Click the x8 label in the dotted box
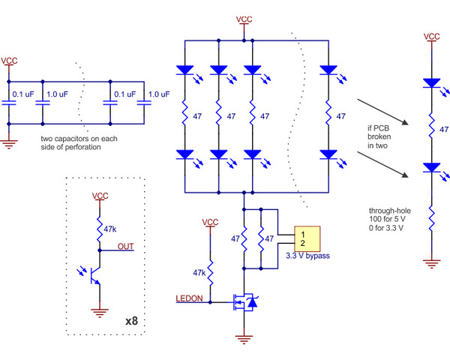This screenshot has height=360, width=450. click(x=131, y=320)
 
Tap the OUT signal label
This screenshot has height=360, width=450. click(x=126, y=246)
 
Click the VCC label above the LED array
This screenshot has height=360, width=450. click(x=244, y=19)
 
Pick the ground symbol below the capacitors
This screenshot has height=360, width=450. click(x=8, y=143)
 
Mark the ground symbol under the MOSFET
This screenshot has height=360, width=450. click(x=244, y=340)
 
